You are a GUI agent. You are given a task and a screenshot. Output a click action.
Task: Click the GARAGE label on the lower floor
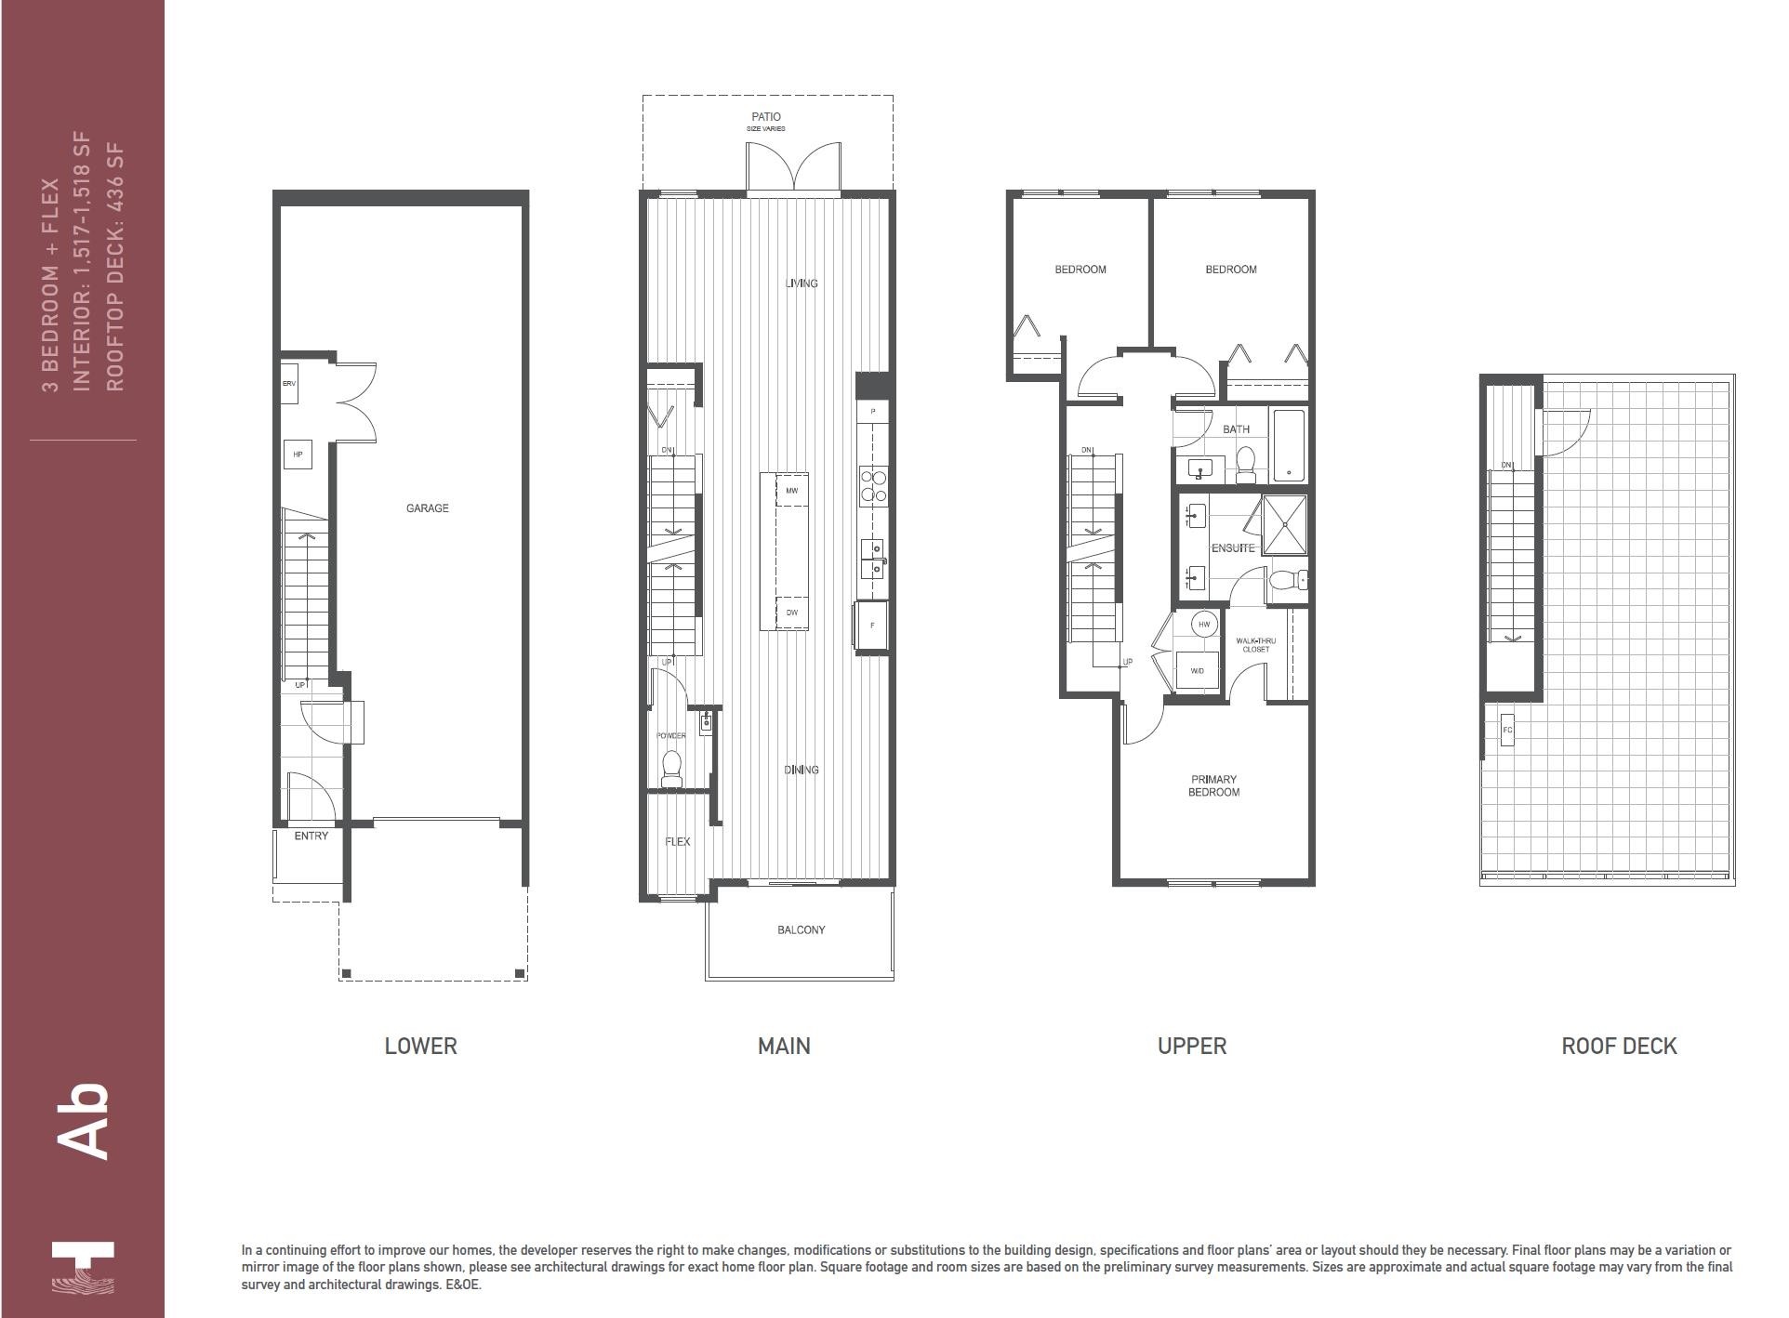[x=427, y=508]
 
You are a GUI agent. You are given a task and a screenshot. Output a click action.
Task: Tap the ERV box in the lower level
[x=289, y=384]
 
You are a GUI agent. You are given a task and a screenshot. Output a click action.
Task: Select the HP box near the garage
[x=298, y=455]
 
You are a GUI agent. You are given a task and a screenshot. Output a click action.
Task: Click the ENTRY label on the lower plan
[x=311, y=836]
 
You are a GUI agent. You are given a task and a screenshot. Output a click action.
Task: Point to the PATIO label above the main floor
[x=766, y=117]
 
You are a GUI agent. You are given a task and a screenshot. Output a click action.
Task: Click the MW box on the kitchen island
[x=791, y=490]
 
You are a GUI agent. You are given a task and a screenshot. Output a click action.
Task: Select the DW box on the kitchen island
[x=791, y=613]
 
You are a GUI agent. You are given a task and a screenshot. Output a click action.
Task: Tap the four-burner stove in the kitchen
[x=873, y=486]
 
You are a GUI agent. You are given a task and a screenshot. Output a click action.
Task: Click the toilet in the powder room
[x=671, y=769]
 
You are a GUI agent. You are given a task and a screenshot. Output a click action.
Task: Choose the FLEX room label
[x=678, y=841]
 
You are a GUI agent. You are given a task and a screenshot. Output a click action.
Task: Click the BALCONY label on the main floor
[x=801, y=929]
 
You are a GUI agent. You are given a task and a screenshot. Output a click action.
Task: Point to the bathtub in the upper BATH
[x=1289, y=445]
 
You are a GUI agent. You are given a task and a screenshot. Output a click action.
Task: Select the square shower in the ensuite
[x=1284, y=525]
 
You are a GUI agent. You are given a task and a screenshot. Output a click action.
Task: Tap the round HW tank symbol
[x=1204, y=625]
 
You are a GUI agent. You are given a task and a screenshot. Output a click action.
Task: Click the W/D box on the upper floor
[x=1197, y=670]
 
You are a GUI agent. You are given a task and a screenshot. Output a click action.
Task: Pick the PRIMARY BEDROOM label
[x=1213, y=785]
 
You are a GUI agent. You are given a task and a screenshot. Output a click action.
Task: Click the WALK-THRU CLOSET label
[x=1255, y=645]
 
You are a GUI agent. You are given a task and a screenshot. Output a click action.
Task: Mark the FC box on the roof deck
[x=1507, y=730]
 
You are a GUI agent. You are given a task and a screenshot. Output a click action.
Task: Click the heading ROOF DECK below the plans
[x=1618, y=1046]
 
